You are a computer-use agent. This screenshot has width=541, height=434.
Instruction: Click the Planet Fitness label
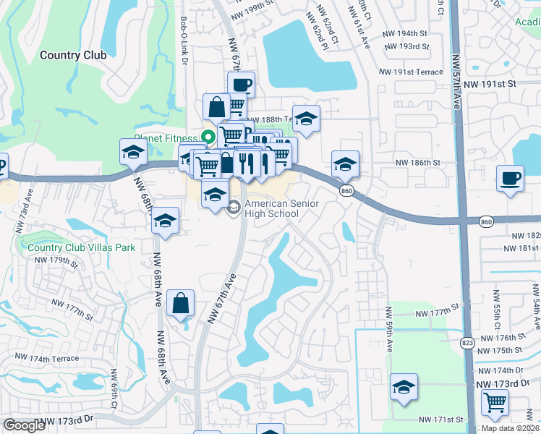coord(166,137)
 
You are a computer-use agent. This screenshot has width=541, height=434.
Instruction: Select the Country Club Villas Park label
coord(82,247)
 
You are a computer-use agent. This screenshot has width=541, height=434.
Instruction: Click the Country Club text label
coord(73,55)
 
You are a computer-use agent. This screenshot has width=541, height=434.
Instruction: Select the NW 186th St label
coord(418,163)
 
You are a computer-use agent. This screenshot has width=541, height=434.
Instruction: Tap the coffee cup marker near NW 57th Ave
coord(511,177)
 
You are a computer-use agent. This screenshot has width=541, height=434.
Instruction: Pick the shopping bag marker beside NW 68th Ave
coord(181,304)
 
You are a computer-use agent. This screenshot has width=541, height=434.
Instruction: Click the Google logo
coord(24,425)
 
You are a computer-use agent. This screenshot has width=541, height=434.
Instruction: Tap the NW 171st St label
coord(440,420)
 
